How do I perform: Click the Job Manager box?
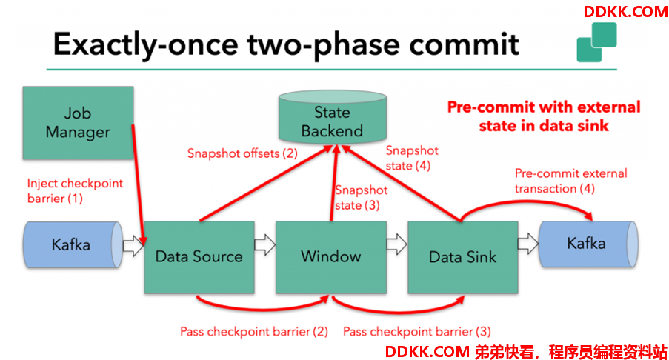click(78, 123)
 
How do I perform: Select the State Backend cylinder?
click(333, 116)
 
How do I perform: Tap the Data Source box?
click(199, 257)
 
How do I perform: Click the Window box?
click(331, 257)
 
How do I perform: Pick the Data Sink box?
click(463, 257)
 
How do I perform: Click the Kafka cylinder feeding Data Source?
click(73, 245)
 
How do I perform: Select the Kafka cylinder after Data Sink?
click(588, 244)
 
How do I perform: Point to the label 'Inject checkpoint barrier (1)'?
click(75, 190)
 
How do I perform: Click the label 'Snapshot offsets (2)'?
click(242, 153)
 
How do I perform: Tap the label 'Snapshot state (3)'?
click(361, 198)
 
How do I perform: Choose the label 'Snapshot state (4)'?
click(412, 158)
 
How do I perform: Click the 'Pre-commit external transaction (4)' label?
click(571, 181)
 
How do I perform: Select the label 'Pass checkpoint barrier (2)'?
click(254, 331)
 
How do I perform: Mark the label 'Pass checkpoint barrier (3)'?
click(417, 331)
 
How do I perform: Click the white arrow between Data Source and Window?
click(265, 245)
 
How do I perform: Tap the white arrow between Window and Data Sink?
click(397, 244)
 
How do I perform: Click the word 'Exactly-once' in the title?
click(145, 44)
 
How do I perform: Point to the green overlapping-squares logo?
click(597, 42)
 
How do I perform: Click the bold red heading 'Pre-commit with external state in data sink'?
click(544, 116)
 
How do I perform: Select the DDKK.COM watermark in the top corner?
click(625, 12)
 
